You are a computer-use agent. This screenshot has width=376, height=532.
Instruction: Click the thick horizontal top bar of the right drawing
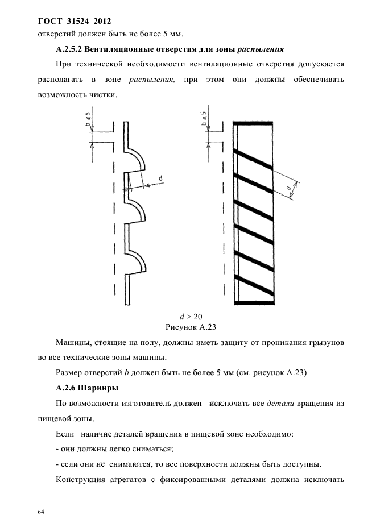[254, 124]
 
